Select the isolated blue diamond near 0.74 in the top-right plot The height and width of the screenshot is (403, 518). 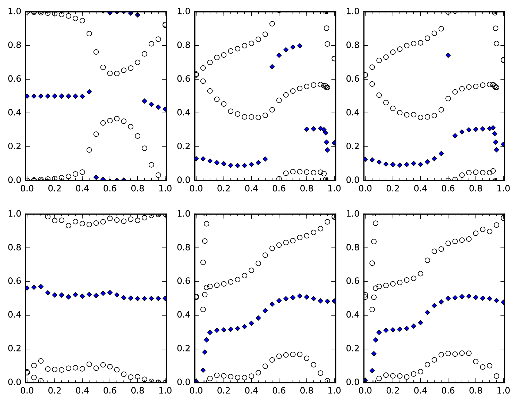click(x=448, y=55)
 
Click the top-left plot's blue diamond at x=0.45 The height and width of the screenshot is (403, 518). click(x=89, y=92)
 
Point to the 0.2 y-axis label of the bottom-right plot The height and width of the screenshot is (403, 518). click(x=352, y=349)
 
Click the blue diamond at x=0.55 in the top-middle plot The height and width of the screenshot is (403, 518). click(x=272, y=67)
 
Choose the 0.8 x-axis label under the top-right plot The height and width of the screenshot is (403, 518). click(x=475, y=188)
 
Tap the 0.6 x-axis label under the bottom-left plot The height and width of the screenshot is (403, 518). click(x=110, y=390)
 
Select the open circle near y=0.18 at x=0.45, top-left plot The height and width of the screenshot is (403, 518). click(x=89, y=150)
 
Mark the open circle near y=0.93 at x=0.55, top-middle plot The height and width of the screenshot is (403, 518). click(x=272, y=24)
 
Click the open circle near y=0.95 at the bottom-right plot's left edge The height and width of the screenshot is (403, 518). click(x=376, y=223)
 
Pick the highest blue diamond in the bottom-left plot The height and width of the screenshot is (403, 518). click(x=41, y=286)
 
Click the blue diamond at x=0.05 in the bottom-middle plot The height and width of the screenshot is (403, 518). click(x=203, y=370)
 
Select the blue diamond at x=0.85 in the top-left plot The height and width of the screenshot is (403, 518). click(x=144, y=101)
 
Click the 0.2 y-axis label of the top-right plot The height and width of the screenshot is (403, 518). click(x=352, y=147)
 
